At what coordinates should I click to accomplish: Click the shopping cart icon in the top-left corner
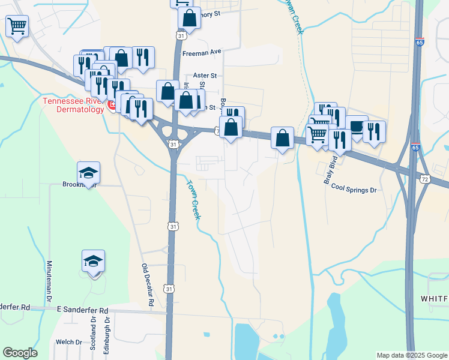17,25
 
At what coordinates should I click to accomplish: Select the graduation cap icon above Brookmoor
89,173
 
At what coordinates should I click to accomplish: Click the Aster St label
205,76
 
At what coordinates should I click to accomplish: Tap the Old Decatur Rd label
148,287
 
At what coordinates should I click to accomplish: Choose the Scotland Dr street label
94,334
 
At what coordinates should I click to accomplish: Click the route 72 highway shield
425,179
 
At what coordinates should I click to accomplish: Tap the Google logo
20,353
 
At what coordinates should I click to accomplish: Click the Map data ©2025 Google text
411,355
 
